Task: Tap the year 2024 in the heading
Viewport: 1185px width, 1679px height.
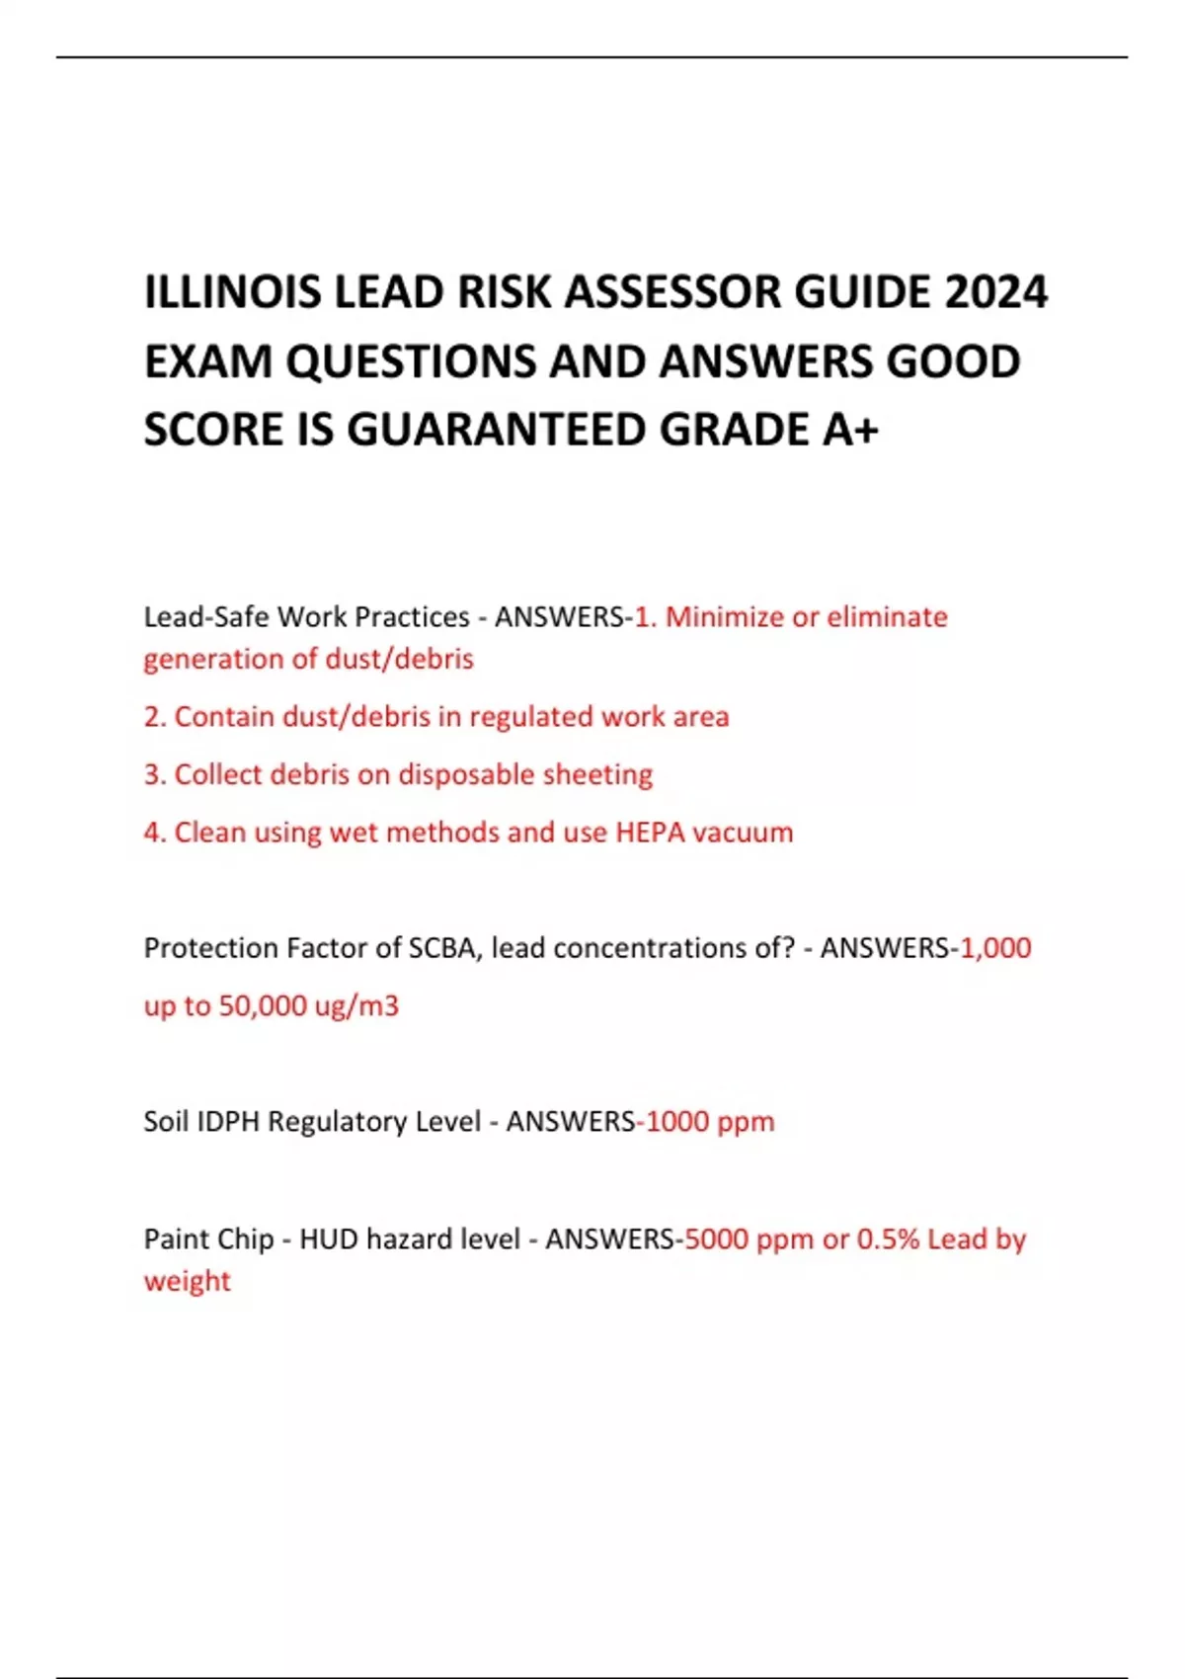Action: [995, 292]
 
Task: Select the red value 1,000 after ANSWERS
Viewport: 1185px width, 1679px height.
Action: [995, 948]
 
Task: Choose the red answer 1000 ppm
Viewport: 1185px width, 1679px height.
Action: [710, 1122]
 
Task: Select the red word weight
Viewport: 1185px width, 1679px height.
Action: [187, 1281]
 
